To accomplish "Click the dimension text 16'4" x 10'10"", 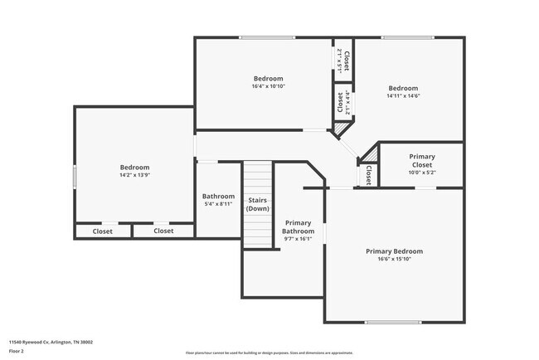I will click(x=268, y=86).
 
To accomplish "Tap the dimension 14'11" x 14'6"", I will click(x=403, y=96).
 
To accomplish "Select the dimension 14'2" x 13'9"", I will click(x=134, y=176).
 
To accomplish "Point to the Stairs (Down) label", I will click(x=258, y=204).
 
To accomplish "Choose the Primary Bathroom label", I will click(x=298, y=227).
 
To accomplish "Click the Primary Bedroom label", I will click(x=394, y=251).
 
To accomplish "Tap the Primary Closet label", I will click(x=421, y=161).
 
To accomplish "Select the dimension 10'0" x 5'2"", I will click(x=421, y=173).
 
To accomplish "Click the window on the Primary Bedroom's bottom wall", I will click(x=393, y=322).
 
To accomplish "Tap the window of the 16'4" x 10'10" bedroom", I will click(x=266, y=37).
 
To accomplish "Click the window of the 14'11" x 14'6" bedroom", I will click(x=407, y=37).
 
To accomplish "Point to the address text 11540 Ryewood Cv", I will click(x=51, y=341).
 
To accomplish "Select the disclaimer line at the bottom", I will click(x=269, y=353).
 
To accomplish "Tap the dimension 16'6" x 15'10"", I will click(x=394, y=260).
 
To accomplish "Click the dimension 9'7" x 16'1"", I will click(x=298, y=240).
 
